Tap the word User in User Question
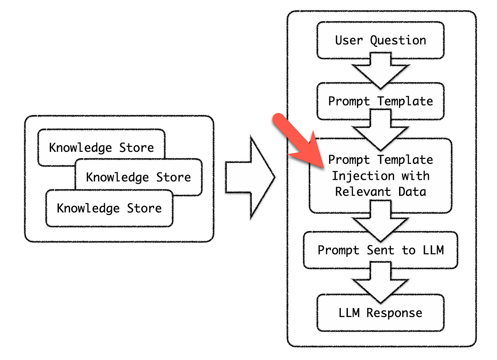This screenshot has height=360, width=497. [349, 40]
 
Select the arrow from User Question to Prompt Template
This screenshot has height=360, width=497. [381, 71]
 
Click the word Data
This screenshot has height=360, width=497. [412, 192]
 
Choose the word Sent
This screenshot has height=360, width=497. [380, 250]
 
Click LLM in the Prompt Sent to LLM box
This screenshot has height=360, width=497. [433, 250]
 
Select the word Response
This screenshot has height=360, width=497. [394, 313]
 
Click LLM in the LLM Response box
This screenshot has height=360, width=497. [349, 313]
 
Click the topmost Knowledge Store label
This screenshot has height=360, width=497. [102, 148]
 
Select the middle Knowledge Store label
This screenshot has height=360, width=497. [138, 177]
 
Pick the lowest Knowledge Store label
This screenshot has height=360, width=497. [109, 208]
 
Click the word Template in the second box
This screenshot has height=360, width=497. [405, 101]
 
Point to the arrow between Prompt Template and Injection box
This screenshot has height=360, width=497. [381, 131]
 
